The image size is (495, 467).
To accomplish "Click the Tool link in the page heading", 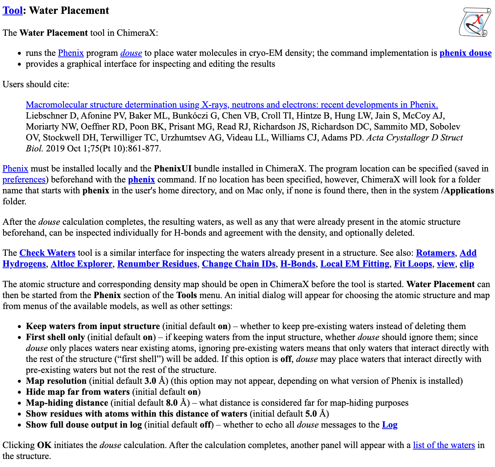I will [x=12, y=11].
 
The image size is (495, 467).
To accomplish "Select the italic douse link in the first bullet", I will [x=131, y=53].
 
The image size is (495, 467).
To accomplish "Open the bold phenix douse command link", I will [x=465, y=53].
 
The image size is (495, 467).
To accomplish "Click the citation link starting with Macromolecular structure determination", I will [x=232, y=105].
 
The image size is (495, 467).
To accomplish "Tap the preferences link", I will [x=24, y=180].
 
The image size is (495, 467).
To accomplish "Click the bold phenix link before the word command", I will [x=141, y=180].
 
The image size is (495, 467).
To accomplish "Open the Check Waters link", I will [x=47, y=253].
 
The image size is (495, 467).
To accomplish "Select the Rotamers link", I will [x=435, y=253].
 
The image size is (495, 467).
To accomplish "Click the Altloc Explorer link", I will [x=81, y=264].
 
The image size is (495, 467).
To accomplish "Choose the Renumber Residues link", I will [x=157, y=264].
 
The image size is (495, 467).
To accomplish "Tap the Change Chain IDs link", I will [x=239, y=264].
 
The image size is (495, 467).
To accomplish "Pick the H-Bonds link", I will [x=298, y=264].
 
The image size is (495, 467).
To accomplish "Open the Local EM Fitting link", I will [x=354, y=264].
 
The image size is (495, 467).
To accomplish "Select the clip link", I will [x=467, y=264].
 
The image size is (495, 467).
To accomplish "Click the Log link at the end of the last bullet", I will [x=390, y=425].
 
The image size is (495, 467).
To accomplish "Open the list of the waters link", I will [x=444, y=445].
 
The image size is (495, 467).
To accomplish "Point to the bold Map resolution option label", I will [x=56, y=381].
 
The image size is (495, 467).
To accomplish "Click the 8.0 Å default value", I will [x=178, y=403].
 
